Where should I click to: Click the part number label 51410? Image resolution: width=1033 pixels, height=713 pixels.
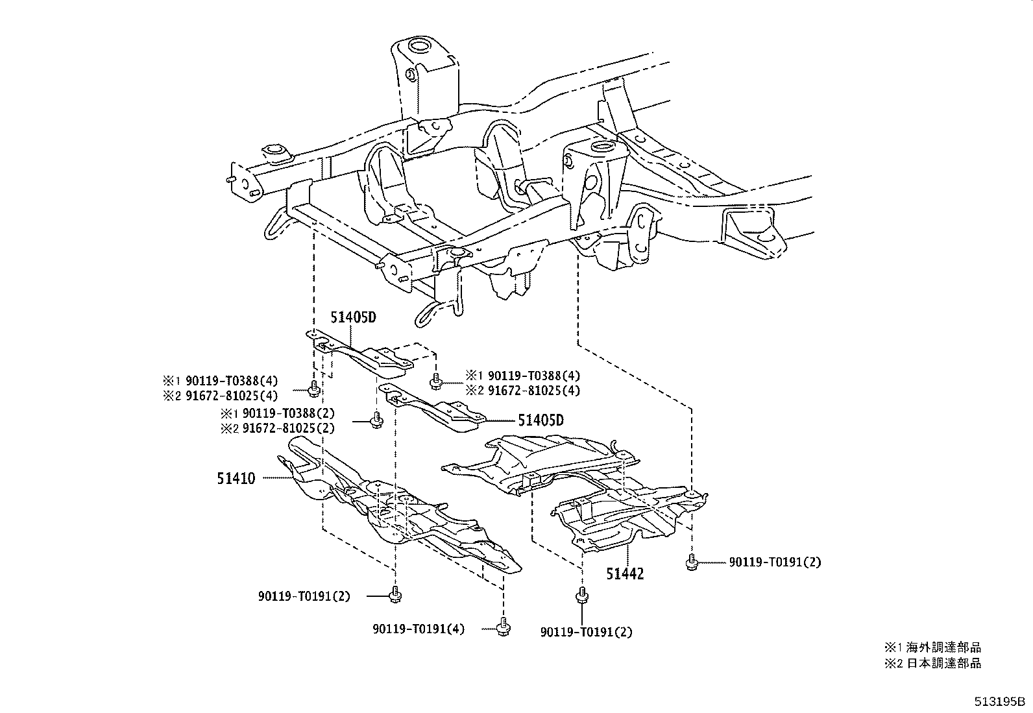point(236,479)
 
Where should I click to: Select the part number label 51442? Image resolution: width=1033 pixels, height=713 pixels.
point(626,574)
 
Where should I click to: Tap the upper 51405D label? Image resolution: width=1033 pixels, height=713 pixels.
point(354,318)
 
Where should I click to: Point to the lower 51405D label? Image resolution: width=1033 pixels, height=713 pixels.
point(541,420)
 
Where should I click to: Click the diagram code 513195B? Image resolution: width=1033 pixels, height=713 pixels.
point(999,702)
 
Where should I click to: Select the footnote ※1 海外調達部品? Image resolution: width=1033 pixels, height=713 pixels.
point(933,647)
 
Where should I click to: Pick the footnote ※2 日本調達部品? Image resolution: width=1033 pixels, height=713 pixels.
point(933,663)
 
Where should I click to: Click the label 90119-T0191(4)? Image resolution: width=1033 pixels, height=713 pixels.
point(419,629)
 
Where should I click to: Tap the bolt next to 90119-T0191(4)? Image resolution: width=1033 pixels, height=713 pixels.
point(503,627)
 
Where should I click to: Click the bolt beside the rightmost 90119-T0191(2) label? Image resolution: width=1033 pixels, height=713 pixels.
point(692,562)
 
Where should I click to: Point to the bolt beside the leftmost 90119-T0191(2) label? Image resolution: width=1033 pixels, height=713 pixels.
point(395,594)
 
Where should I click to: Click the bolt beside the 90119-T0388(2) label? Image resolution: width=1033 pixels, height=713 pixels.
point(375,421)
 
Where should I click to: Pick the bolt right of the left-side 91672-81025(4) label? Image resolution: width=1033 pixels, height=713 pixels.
point(313,389)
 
